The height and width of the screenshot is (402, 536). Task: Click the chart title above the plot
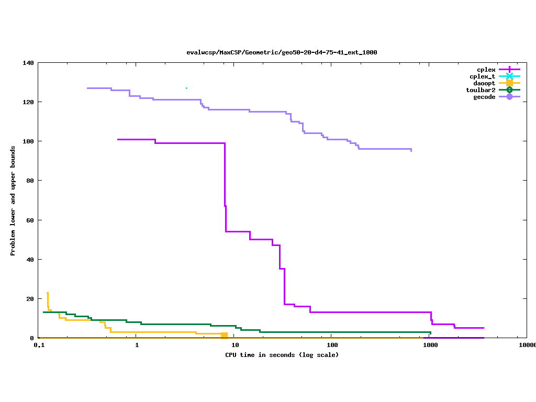[x=282, y=52]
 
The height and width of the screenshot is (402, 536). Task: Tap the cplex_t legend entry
[x=482, y=76]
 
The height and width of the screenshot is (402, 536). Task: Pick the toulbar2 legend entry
[x=481, y=90]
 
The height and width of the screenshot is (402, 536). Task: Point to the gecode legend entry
[x=484, y=97]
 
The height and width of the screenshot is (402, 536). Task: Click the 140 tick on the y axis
[x=28, y=63]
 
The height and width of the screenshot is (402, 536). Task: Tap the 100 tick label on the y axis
[x=28, y=141]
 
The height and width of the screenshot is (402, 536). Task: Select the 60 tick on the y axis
[x=30, y=220]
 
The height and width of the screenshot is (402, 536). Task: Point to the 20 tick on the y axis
[x=30, y=299]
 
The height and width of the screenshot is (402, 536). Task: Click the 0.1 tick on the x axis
[x=39, y=345]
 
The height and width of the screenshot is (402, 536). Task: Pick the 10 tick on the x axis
[x=235, y=345]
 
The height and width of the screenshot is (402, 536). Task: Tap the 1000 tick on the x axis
[x=430, y=345]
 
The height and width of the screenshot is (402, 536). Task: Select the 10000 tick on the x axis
[x=527, y=345]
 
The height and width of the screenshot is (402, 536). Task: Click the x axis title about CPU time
[x=282, y=355]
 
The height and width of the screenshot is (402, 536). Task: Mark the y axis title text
[x=13, y=200]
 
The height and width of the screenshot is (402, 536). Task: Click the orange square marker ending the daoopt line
[x=224, y=335]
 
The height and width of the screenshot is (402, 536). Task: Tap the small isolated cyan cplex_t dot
[x=186, y=88]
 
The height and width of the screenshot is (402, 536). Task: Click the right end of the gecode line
[x=411, y=151]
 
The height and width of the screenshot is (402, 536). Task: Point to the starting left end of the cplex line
[x=118, y=139]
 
